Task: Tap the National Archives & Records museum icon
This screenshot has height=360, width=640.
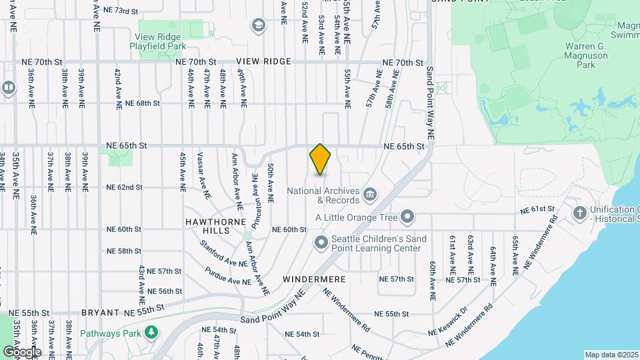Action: [x=370, y=195]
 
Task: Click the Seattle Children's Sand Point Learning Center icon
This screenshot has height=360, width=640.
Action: [x=321, y=242]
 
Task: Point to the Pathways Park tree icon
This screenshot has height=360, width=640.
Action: [x=152, y=332]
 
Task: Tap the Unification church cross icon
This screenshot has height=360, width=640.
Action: [x=580, y=213]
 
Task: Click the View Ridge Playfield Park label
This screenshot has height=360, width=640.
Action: [x=157, y=41]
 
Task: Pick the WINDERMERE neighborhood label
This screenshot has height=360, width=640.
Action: [x=308, y=278]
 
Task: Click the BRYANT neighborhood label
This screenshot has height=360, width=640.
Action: [x=100, y=312]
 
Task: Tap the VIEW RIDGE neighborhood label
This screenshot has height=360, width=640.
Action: [x=268, y=61]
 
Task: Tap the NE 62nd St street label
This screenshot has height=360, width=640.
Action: [x=125, y=187]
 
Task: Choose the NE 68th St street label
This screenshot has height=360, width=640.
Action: [x=143, y=103]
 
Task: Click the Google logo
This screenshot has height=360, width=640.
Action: [x=21, y=352]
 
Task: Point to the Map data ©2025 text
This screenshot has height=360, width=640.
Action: [x=610, y=355]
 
